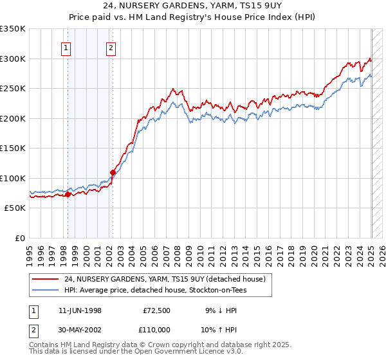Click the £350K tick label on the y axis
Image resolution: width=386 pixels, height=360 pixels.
pos(13,29)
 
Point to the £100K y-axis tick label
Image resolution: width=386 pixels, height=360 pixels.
pos(13,178)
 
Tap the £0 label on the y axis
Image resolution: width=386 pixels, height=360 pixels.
pos(21,238)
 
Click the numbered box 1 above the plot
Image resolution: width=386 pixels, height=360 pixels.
pos(66,47)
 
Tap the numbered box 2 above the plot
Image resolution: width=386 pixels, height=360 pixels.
pos(111,47)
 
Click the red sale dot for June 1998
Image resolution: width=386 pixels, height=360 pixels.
pos(68,194)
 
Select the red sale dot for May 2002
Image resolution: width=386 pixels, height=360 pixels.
pos(113,172)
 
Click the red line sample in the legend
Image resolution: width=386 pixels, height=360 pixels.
pos(46,279)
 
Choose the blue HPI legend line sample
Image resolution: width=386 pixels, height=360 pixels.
pos(46,291)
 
